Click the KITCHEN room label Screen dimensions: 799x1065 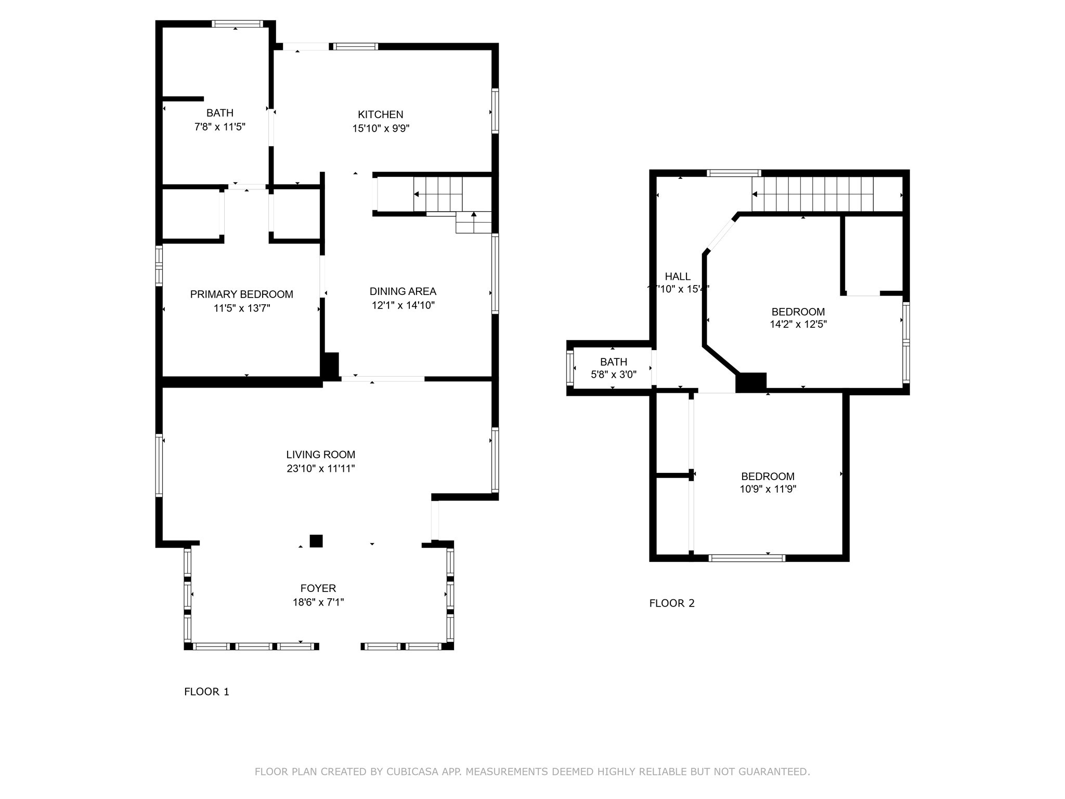click(x=380, y=114)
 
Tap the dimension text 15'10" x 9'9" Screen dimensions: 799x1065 click(x=381, y=128)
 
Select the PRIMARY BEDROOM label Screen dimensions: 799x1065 click(x=241, y=294)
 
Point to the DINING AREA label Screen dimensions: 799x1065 click(x=402, y=291)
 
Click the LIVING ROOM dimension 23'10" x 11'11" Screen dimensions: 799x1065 click(x=320, y=468)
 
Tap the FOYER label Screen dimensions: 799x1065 click(x=318, y=588)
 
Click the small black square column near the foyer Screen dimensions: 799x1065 click(x=316, y=541)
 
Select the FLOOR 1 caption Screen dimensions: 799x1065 click(x=206, y=691)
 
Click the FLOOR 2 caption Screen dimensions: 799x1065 click(x=671, y=603)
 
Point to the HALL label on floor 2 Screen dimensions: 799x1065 click(x=677, y=277)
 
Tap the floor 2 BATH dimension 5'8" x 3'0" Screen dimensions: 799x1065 click(x=614, y=375)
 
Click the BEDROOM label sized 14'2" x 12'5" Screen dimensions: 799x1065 click(x=798, y=312)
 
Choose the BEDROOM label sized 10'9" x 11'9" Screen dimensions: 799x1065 click(x=768, y=476)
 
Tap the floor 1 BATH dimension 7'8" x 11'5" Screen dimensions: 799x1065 click(x=219, y=127)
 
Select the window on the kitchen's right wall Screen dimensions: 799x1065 click(x=495, y=111)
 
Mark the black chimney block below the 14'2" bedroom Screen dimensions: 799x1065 click(x=751, y=382)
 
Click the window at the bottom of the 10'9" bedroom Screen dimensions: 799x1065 click(x=746, y=558)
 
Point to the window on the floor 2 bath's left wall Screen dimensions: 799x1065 click(x=570, y=368)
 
